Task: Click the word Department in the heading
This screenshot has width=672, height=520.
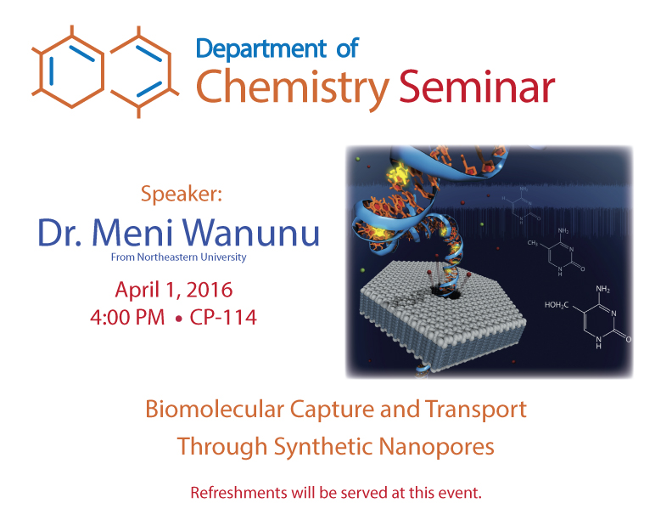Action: point(261,49)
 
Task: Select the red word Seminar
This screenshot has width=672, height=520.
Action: point(477,88)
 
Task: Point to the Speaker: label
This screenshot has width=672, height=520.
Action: point(182,195)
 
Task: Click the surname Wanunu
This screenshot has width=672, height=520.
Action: point(252,232)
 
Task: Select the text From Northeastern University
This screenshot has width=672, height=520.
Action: point(179,257)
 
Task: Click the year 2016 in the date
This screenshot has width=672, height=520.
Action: point(210,290)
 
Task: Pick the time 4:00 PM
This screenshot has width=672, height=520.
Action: point(127,318)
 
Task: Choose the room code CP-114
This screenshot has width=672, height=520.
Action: point(223,318)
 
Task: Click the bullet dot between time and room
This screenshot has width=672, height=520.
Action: point(179,319)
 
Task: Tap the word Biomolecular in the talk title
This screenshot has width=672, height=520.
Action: point(215,409)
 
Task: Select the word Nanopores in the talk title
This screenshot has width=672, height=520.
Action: point(436,447)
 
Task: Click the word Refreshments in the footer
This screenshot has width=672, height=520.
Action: point(238,493)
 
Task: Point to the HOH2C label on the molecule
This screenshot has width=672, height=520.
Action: point(557,305)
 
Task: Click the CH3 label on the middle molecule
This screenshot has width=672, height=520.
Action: point(532,243)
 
